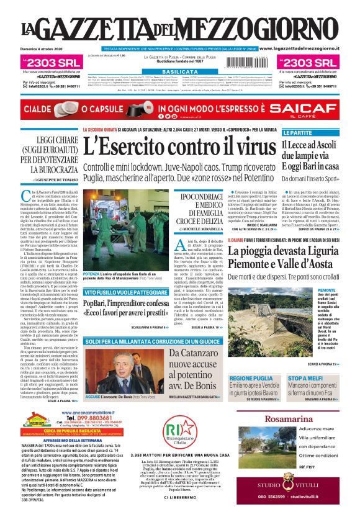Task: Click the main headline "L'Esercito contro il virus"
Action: coord(179,146)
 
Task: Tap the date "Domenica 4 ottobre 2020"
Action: coord(45,48)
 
